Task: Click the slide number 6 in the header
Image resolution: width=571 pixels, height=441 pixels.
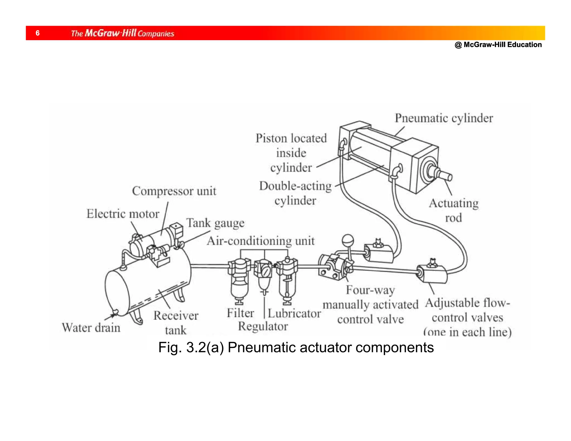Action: point(38,33)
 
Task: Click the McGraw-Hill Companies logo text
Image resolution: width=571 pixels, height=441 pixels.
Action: point(122,33)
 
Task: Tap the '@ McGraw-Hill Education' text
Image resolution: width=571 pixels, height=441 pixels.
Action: point(498,45)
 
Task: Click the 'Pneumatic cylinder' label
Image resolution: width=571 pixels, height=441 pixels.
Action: point(444,118)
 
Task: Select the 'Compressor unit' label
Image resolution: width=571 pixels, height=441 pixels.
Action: point(174,191)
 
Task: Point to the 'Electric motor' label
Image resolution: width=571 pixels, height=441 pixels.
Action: point(123,214)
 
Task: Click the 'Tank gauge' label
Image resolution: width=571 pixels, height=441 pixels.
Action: point(215,223)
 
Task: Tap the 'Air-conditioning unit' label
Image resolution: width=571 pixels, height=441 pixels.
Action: point(260,241)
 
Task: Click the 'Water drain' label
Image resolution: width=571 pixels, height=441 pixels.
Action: point(91,328)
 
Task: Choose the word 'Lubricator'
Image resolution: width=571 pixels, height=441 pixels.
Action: point(294,314)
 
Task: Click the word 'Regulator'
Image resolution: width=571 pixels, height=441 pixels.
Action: point(263,326)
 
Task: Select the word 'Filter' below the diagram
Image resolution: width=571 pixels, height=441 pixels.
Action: point(240,313)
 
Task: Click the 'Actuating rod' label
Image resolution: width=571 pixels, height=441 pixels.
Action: point(454,210)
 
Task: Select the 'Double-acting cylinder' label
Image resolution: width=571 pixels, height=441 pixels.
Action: point(295,193)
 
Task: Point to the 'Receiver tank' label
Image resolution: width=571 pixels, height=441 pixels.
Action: point(176,323)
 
